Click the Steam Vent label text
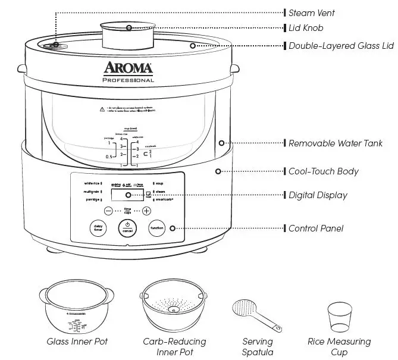coord(311,12)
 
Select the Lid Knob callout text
coord(306,28)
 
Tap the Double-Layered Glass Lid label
coord(337,45)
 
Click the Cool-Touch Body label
coord(323,171)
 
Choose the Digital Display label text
coord(318,195)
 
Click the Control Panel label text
coord(315,228)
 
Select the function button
coord(156,228)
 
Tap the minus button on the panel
coord(108,211)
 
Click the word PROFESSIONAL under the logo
coord(128,80)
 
